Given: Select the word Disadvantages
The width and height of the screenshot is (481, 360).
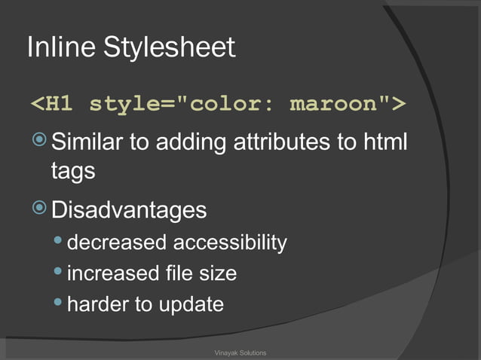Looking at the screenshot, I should click(x=129, y=209).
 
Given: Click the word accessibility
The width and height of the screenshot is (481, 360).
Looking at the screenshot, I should click(x=230, y=243).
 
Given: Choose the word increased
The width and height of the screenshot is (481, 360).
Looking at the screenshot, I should click(x=114, y=273).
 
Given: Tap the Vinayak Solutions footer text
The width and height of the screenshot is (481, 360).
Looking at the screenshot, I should click(x=240, y=353).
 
